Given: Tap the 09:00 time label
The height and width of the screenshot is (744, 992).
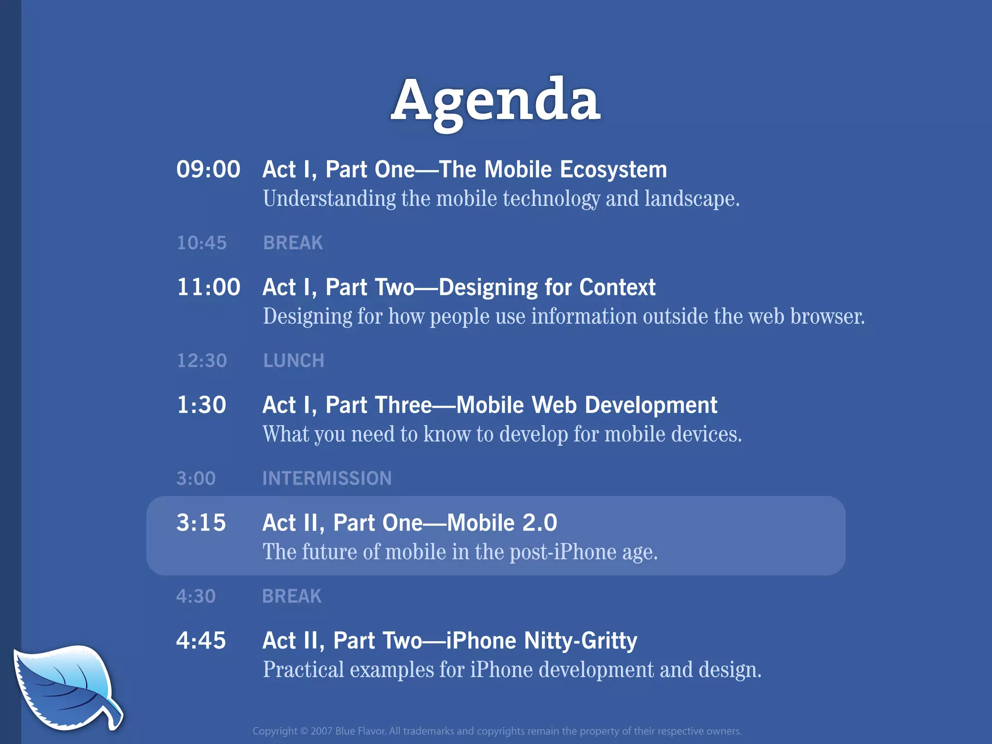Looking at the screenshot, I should pos(208,170).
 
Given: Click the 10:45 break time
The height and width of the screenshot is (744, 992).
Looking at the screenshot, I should pos(201,243).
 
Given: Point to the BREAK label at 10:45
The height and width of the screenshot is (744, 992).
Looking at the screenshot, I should pos(293,243).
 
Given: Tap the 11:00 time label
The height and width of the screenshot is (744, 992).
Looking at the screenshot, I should pos(208,287).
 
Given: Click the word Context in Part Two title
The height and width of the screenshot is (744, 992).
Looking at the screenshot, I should pos(617,287).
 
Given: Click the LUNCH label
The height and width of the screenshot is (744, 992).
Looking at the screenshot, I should pos(294,361).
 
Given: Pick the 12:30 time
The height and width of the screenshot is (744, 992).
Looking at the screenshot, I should pos(201,361).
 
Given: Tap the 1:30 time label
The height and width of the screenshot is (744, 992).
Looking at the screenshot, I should pos(201,405).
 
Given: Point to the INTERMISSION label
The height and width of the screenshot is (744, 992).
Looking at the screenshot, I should pos(327,479).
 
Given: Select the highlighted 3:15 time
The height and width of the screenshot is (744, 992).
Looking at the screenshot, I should pos(201,523).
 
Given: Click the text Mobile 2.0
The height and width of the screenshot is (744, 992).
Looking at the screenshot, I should pos(502,523).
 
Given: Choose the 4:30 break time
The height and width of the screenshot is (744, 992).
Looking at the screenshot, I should pos(196,596).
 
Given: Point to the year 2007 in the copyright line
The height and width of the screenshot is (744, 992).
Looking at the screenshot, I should pos(321,731).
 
